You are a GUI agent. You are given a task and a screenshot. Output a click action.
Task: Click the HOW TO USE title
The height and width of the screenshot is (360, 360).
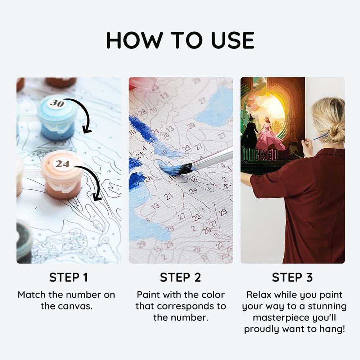point(180,40)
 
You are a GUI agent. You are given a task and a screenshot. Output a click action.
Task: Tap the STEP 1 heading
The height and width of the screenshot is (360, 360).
point(69,277)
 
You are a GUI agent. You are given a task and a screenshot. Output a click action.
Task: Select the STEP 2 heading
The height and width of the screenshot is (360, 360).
point(180,277)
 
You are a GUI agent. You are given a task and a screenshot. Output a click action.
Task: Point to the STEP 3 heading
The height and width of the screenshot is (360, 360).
point(292,277)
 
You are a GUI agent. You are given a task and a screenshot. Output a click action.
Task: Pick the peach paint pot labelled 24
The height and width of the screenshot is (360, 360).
point(62,175)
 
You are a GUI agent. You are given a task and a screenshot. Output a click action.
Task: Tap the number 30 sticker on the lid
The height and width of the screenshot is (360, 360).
point(57,103)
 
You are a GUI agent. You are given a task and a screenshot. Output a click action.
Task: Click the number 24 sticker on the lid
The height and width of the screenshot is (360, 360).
point(62,164)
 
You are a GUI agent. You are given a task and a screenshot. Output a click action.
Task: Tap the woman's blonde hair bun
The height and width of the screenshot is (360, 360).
point(336,137)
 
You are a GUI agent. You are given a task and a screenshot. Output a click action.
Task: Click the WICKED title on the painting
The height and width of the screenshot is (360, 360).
point(260,154)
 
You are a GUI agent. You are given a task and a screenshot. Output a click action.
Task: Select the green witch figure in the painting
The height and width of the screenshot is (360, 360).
point(250,133)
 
